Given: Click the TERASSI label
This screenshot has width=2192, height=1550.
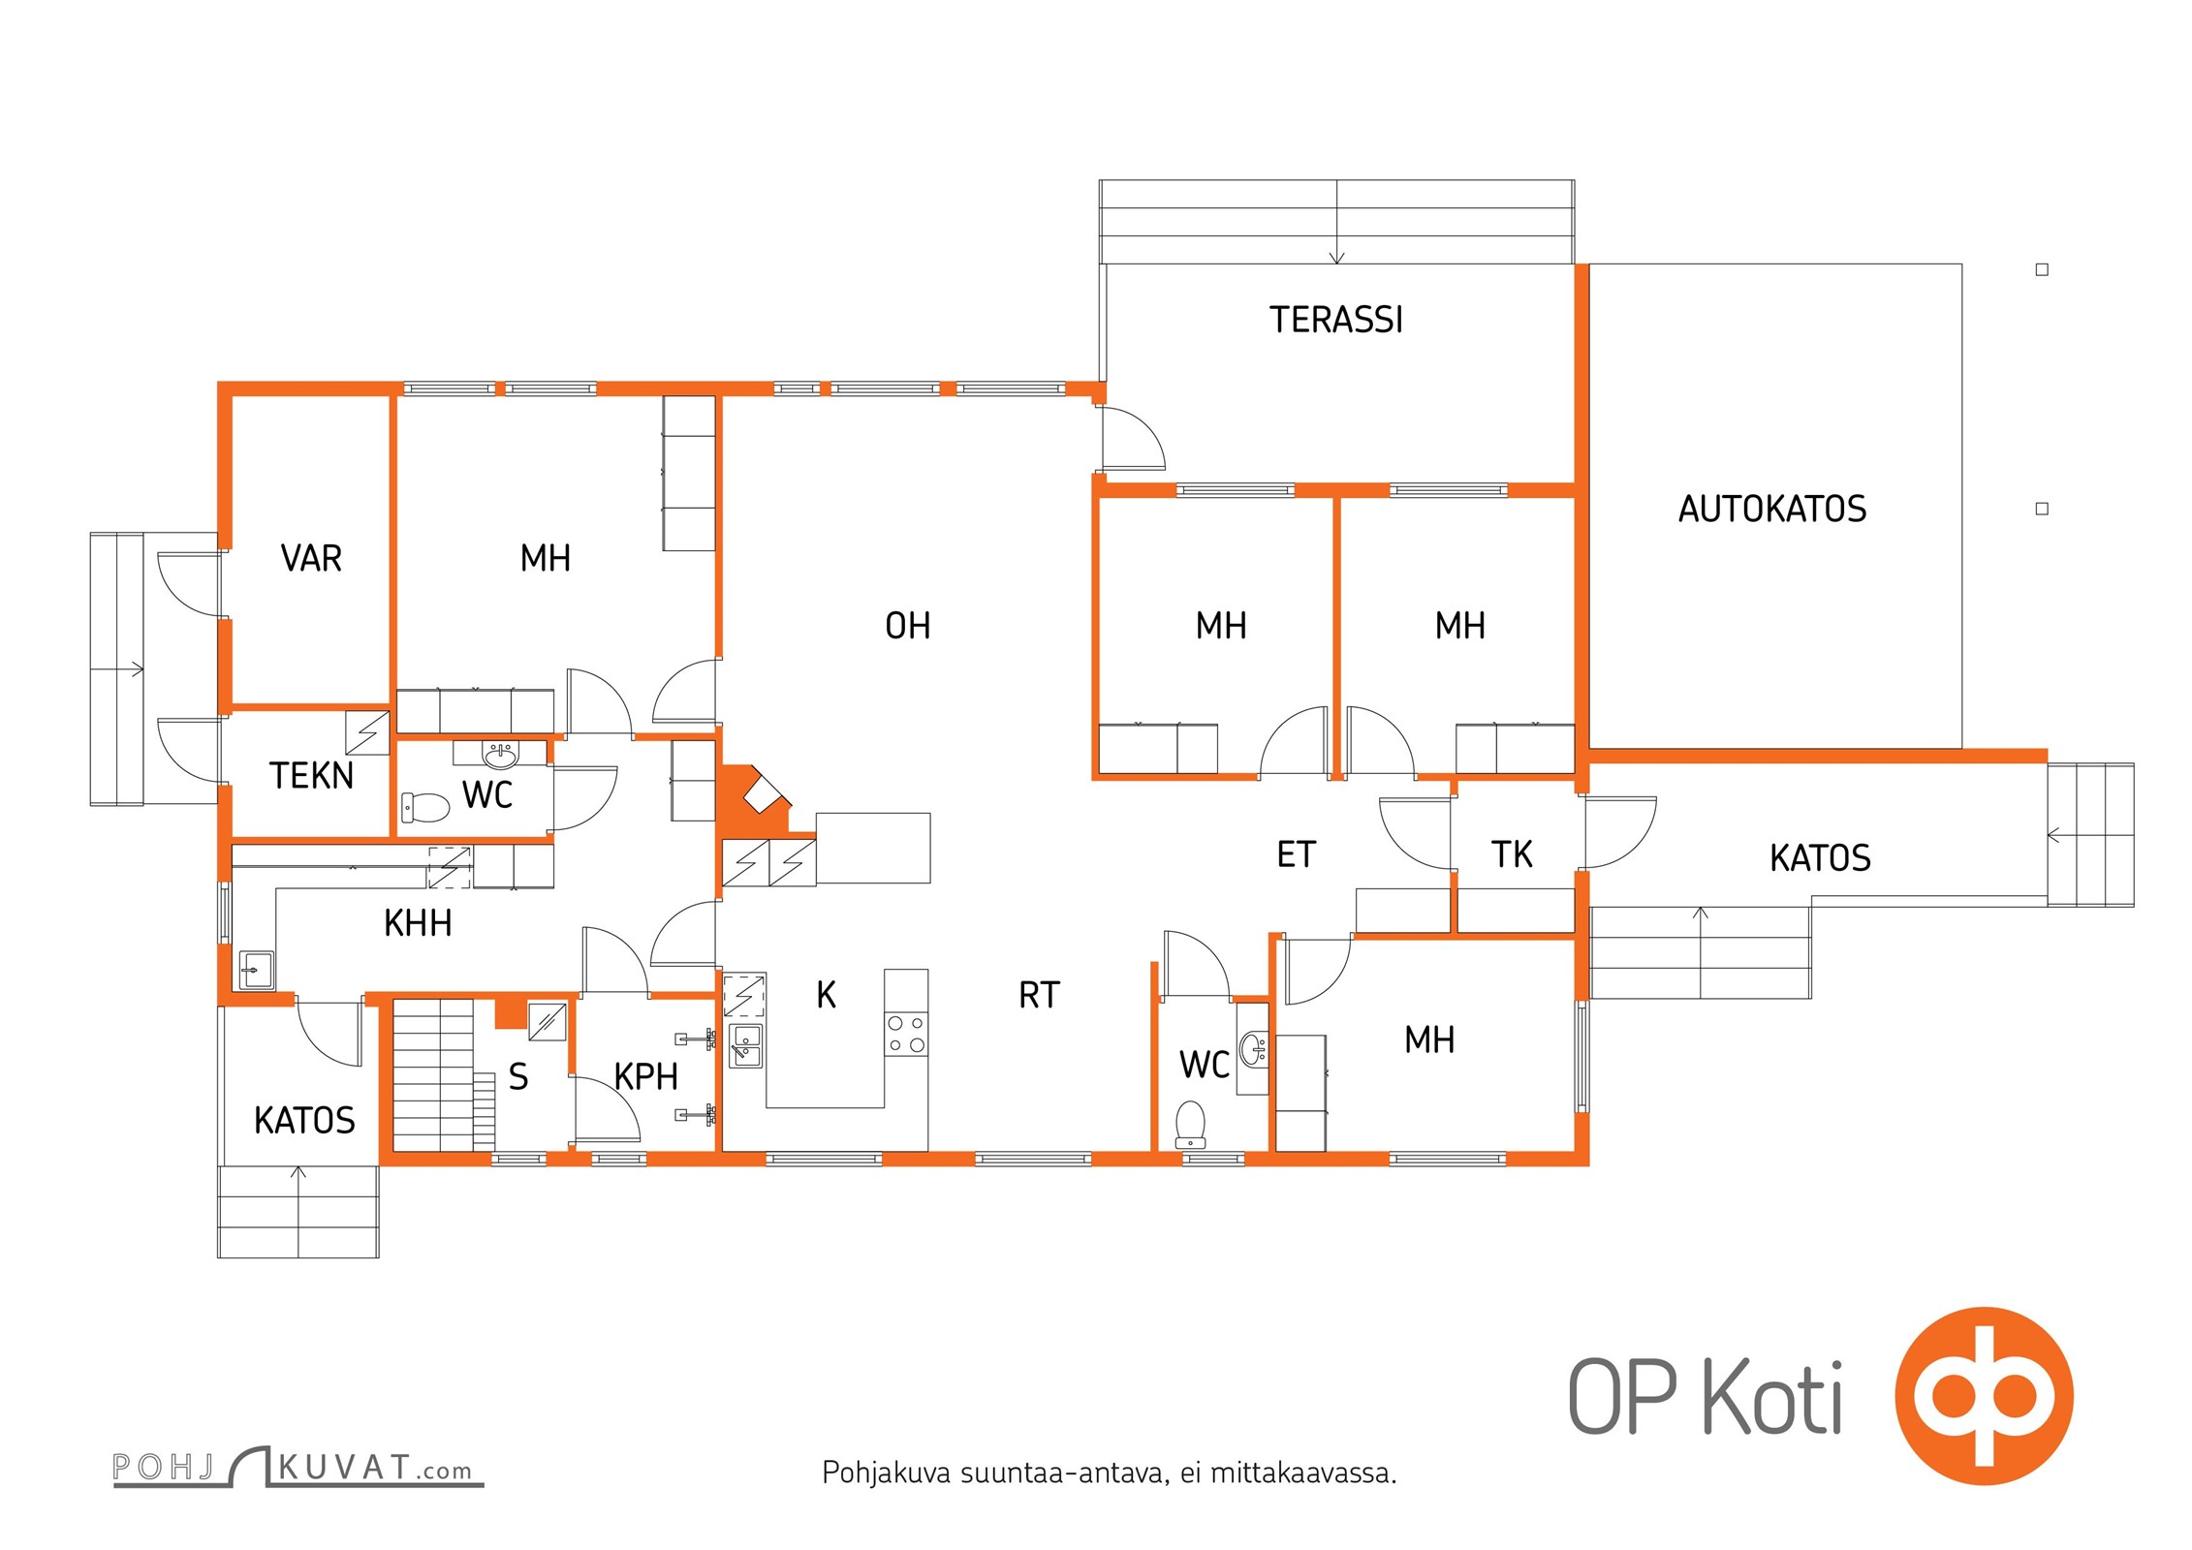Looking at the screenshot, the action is [x=1336, y=320].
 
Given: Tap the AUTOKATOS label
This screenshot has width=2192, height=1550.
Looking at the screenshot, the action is [x=1772, y=509].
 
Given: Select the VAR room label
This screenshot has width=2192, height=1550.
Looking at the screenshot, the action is [x=311, y=559].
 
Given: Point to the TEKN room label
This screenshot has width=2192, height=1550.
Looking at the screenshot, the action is [x=311, y=776].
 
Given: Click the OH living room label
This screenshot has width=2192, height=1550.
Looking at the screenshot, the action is [x=908, y=626].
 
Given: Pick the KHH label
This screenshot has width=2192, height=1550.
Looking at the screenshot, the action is [x=418, y=923].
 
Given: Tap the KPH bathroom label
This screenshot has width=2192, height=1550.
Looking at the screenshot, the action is [x=645, y=1076].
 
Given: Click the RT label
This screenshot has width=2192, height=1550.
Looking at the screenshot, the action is [x=1040, y=995].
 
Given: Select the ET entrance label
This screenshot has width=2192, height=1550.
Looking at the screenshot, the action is [x=1297, y=854].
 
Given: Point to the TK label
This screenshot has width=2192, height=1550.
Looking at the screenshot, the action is [x=1512, y=854].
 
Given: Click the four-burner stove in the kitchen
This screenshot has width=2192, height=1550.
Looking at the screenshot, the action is [x=906, y=1034].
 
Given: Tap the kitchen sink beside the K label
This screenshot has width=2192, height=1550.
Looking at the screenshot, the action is [x=745, y=1045].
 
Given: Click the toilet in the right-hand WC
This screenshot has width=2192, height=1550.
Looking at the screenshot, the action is [x=1190, y=1124].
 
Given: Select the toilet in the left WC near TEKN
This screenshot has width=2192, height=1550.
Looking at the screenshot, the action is [x=426, y=806].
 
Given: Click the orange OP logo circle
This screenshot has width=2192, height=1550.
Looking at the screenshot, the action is [x=1984, y=1396].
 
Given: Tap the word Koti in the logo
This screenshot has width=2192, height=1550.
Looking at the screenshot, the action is [x=1772, y=1397].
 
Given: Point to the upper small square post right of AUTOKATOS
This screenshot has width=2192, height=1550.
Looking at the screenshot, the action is [x=2042, y=270].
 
